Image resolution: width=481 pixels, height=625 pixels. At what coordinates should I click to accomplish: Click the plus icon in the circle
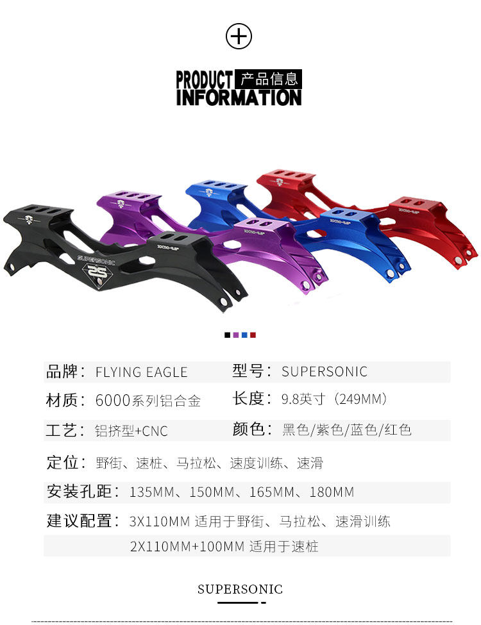pos(239,37)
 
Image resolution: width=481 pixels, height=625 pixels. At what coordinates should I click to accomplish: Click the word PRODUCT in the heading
pos(204,80)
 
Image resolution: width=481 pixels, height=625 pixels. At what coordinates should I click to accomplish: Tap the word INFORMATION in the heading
pos(239,97)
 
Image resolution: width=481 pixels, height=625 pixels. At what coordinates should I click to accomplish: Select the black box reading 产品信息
pos(268,79)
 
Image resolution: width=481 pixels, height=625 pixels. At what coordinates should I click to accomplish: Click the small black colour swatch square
pos(227,335)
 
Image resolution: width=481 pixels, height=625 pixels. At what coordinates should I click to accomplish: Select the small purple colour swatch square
pos(236,335)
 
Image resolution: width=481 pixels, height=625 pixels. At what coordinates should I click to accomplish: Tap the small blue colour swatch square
pos(244,335)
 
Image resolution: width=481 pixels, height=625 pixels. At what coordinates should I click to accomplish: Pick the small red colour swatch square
pos(253,335)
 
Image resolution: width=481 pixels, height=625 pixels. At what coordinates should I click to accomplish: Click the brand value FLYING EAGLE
pos(141,372)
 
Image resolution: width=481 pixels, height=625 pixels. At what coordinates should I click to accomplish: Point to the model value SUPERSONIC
pos(325,372)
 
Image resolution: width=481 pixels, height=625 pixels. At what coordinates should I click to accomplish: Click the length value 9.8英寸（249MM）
pos(335,400)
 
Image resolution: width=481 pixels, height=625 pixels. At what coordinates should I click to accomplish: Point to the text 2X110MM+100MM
pos(187,547)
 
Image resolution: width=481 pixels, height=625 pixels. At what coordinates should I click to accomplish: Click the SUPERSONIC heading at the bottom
pos(240,589)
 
